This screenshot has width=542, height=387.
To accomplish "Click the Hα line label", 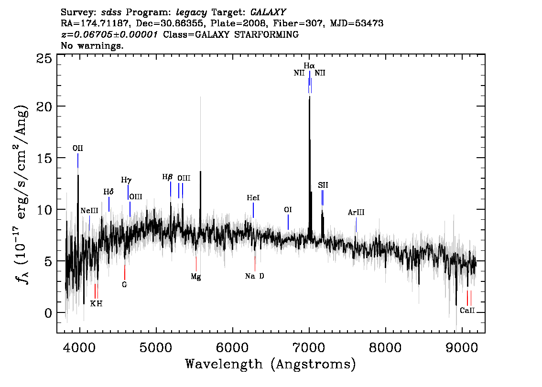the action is [309, 65].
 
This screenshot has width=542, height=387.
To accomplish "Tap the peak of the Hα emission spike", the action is [309, 97].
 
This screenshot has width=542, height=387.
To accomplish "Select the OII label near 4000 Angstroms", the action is [78, 148].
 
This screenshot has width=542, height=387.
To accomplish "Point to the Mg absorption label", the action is [196, 277].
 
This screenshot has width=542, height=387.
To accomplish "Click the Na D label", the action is [254, 276].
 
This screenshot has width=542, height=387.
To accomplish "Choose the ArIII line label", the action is [356, 213].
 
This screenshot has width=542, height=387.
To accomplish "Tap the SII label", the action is [323, 185].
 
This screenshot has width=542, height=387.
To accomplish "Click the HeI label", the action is [253, 198].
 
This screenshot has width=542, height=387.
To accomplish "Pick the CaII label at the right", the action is [467, 310].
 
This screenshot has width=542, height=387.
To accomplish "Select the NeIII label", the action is [89, 211].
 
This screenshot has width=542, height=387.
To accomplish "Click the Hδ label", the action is [108, 192].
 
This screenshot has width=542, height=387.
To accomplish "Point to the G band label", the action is [124, 285].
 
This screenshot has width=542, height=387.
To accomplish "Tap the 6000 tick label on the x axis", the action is [232, 348].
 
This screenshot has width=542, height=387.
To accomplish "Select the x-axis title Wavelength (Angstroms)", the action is [271, 365].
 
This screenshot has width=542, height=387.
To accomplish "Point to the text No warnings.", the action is [92, 45].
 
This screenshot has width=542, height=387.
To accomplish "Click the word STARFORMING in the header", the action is [267, 34].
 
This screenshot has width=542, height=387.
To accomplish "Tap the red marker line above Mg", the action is [196, 264].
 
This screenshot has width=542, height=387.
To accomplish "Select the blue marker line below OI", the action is [288, 222].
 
